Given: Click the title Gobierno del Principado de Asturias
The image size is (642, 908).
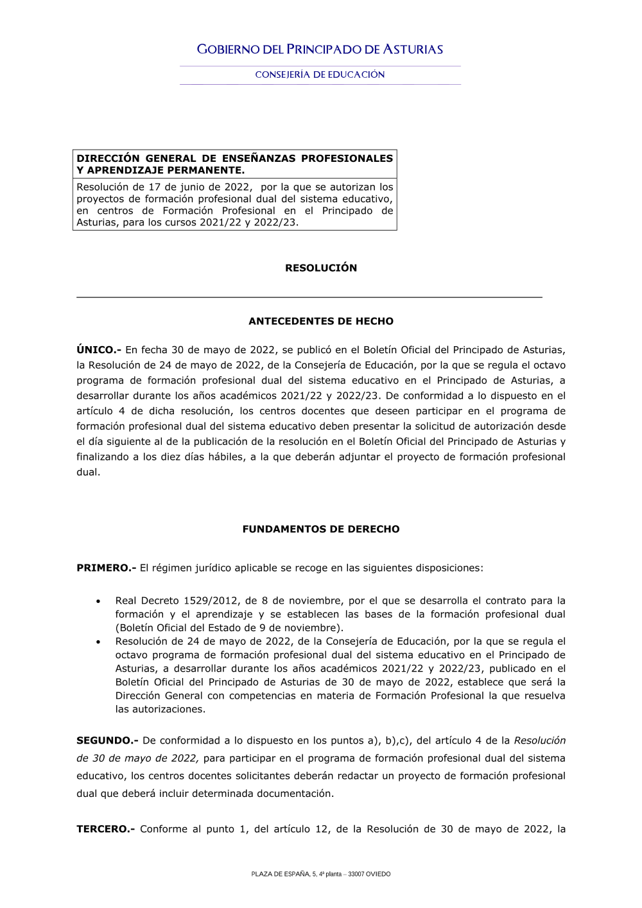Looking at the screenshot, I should (x=320, y=49).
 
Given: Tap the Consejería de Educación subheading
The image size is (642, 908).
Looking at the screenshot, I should (x=320, y=74).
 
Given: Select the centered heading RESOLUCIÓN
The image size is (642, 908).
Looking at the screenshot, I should (x=321, y=268).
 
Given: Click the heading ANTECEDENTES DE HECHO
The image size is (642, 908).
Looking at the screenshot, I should (x=321, y=321).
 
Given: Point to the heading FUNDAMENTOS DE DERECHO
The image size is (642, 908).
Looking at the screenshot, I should (x=321, y=529).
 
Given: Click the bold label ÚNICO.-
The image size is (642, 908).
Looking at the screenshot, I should (x=99, y=350).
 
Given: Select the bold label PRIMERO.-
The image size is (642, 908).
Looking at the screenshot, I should (x=106, y=568).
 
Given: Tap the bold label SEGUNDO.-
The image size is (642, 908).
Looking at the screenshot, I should (x=107, y=740).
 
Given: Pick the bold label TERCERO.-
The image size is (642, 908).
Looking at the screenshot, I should (x=106, y=829).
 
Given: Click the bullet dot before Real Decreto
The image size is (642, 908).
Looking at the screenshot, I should (x=98, y=602).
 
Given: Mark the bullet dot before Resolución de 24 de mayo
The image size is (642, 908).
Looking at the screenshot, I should (x=98, y=642).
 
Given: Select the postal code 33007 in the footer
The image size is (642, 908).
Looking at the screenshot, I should (x=356, y=874).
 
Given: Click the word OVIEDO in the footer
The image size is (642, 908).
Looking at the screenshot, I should (x=378, y=874).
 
